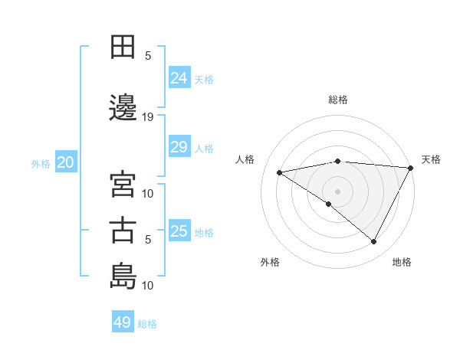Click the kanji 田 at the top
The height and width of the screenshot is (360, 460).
123,47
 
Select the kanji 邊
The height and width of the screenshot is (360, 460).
123,106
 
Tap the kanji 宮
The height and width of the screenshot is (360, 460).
123,184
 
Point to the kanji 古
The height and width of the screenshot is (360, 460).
123,230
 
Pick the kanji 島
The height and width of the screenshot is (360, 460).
123,275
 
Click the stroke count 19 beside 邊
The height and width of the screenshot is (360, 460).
148,116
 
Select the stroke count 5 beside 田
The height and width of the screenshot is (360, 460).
148,55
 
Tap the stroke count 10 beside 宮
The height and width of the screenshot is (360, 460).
148,193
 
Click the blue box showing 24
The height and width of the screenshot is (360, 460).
179,78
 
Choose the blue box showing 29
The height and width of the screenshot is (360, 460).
179,147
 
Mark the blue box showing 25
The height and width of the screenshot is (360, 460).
179,231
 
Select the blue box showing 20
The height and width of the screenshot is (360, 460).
65,162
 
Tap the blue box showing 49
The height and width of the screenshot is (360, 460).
123,322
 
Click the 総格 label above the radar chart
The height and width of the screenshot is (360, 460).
337,100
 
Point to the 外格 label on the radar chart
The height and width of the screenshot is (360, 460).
270,262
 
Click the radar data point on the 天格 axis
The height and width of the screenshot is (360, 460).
412,169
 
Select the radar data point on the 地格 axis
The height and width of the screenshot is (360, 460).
374,242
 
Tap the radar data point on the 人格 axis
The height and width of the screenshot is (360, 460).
280,172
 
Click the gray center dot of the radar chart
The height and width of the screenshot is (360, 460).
337,191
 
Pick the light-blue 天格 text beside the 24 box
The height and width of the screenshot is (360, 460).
204,79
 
